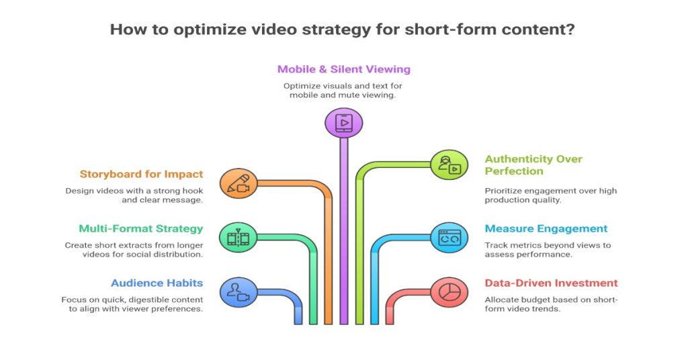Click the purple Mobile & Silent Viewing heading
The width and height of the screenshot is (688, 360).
(343, 69)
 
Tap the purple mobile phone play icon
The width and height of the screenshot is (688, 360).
(343, 123)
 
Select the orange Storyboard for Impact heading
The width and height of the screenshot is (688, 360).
(141, 175)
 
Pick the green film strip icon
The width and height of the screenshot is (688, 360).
(239, 238)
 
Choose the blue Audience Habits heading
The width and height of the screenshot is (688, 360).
(157, 283)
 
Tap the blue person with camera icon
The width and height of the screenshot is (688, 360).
(239, 292)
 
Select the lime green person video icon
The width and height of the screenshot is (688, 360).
(449, 165)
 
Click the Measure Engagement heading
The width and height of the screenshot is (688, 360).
(546, 228)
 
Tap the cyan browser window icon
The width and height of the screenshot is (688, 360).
(449, 238)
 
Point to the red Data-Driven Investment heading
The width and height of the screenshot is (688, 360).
(551, 283)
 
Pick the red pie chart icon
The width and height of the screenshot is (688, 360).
(449, 292)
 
